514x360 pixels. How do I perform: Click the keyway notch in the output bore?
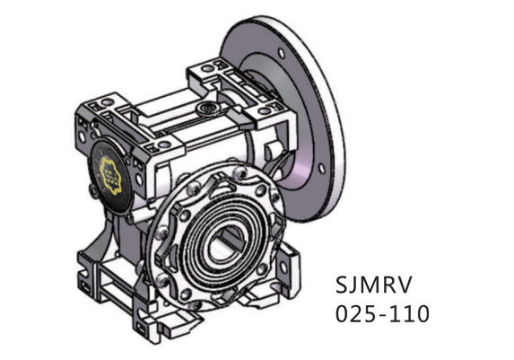(x=235, y=235)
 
